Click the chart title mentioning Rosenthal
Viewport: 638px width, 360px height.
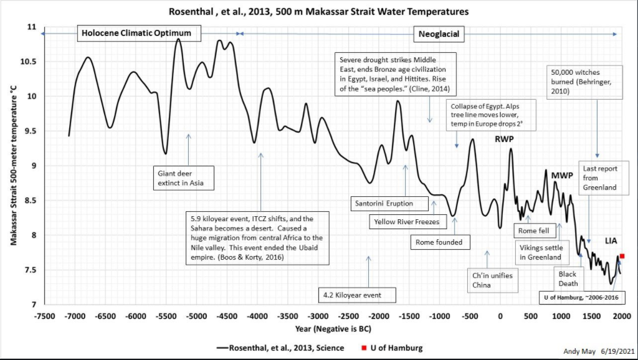click(x=318, y=11)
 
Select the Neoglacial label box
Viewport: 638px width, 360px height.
click(x=439, y=34)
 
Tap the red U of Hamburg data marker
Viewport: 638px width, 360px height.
click(x=622, y=256)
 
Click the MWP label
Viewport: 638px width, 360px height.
click(x=562, y=176)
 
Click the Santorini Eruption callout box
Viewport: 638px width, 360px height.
click(x=383, y=204)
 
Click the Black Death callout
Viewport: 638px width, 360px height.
click(x=568, y=278)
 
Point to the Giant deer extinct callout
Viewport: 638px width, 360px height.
click(x=184, y=178)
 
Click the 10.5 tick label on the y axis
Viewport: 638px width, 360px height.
click(x=28, y=62)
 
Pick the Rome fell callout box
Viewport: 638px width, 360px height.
click(x=533, y=230)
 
